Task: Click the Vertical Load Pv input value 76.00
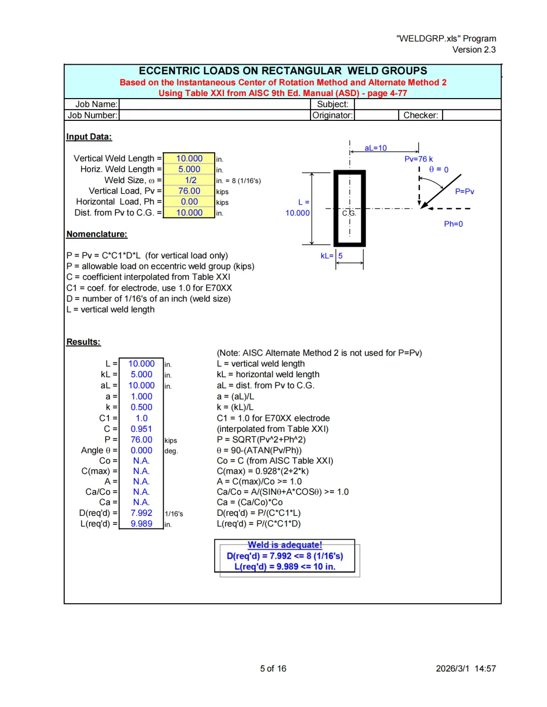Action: pos(189,191)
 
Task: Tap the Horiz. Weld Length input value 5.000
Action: pos(189,169)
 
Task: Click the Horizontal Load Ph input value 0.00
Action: pos(189,202)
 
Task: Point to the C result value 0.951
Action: pos(141,429)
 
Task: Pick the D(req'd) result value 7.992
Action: pos(141,513)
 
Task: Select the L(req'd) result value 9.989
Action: pos(141,524)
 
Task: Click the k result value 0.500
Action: pos(141,407)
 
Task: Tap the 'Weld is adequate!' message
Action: pos(285,545)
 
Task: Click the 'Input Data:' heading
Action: pos(89,137)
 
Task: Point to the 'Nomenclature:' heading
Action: pos(97,234)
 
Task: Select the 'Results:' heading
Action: pos(84,342)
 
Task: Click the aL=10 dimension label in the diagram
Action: pos(375,148)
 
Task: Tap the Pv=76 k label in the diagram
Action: pos(418,159)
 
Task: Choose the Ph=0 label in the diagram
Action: pos(453,224)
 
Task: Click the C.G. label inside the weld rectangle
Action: pos(349,213)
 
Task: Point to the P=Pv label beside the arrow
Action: pos(464,191)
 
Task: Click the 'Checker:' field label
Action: pos(420,115)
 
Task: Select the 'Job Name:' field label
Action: pos(96,104)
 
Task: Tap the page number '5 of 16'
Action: pos(273,669)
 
